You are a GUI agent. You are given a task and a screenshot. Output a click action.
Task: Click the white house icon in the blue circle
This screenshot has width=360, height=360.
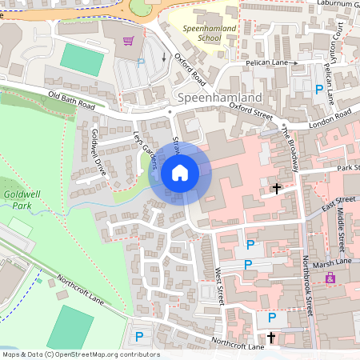click(180, 172)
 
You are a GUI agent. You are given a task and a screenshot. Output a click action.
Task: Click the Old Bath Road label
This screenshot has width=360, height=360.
click(70, 100)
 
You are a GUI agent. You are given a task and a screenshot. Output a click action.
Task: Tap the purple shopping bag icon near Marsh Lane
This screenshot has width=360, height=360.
click(330, 278)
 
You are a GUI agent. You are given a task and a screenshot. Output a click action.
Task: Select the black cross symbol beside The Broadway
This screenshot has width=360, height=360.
click(277, 189)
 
